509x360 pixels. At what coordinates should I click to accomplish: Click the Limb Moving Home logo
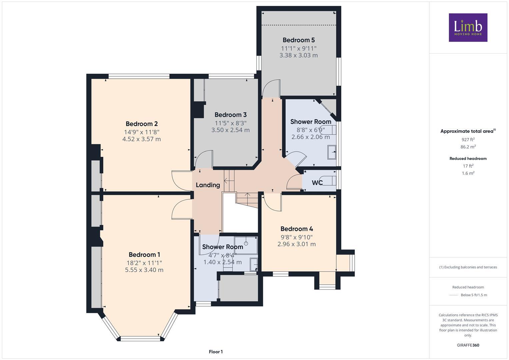coord(468,27)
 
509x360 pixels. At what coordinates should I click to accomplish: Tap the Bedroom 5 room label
coord(298,40)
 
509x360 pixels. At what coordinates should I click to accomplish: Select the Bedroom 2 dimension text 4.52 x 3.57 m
coord(141,139)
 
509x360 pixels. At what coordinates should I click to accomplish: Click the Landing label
coord(208,185)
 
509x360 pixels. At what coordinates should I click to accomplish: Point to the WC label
coord(317,183)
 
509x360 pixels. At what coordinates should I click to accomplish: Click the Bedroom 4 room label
coord(296,229)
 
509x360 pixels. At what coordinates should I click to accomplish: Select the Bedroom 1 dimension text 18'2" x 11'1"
coord(144,263)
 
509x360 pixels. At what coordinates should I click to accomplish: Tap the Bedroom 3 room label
coord(230,115)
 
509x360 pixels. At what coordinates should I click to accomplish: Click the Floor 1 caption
coord(215,352)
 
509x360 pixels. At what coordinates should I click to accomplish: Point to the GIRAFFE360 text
coord(468,345)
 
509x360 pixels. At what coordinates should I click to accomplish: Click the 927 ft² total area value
coord(468,140)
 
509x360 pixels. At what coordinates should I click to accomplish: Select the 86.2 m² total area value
coord(468,147)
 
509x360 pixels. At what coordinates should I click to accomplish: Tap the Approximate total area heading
coord(468,131)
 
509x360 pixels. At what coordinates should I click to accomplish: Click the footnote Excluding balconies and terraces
coord(468,267)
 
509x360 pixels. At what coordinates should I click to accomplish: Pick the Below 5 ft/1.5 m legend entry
coord(473,295)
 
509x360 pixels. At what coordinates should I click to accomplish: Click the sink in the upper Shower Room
coord(332,152)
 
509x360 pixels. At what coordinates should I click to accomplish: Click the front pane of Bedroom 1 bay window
coord(140,338)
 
